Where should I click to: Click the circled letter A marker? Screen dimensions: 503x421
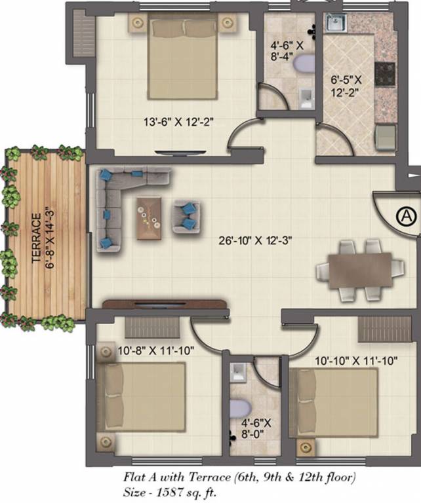(406, 215)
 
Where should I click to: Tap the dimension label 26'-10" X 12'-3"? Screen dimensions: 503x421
(255, 240)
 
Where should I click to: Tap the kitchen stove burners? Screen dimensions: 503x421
(385, 70)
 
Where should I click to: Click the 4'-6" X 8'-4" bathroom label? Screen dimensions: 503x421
(287, 52)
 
